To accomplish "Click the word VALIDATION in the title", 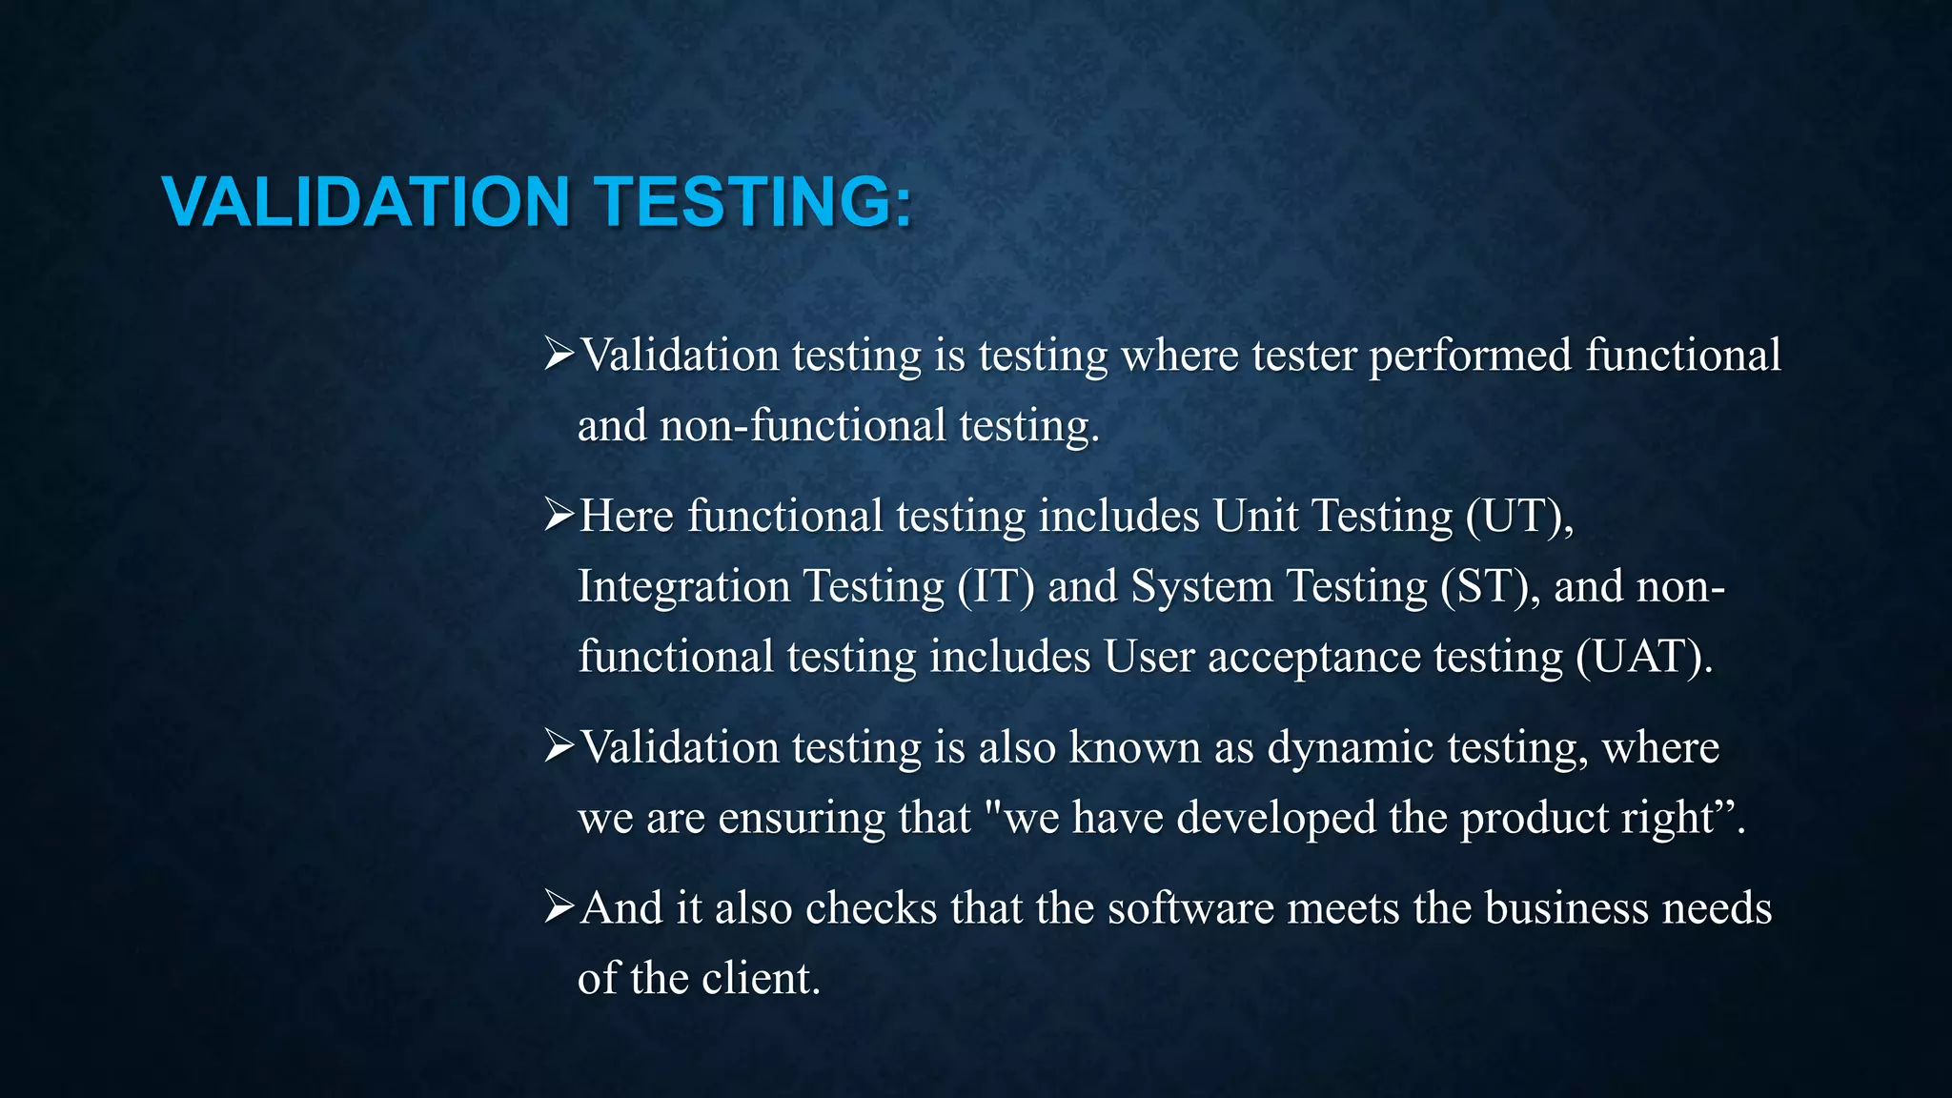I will pyautogui.click(x=366, y=202).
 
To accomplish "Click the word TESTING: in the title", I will pyautogui.click(x=754, y=202).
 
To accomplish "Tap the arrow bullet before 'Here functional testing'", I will pyautogui.click(x=559, y=516).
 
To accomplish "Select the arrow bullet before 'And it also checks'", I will pyautogui.click(x=559, y=907).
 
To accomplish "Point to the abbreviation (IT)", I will pyautogui.click(x=996, y=587).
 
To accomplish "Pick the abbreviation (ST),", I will pyautogui.click(x=1490, y=587).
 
